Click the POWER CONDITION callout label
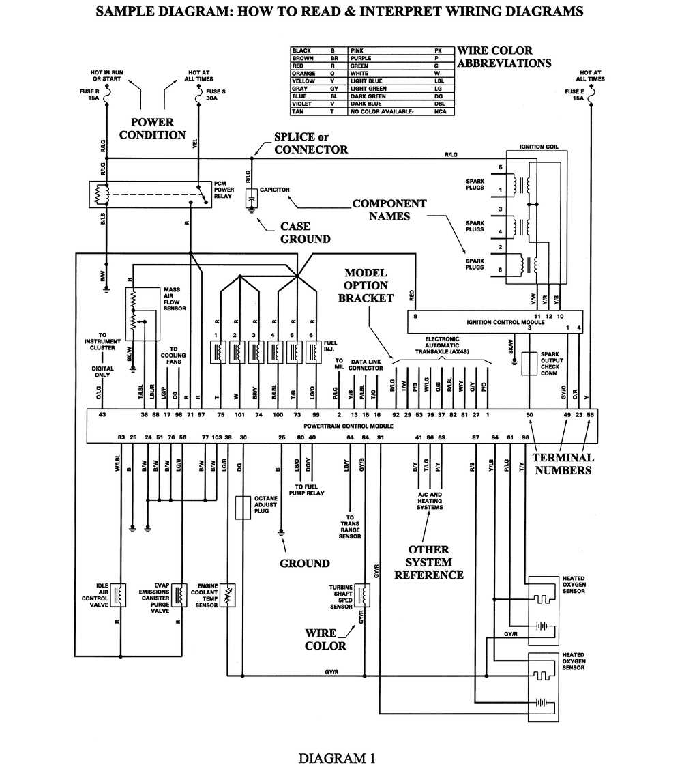152,128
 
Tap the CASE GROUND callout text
305,233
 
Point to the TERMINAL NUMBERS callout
563,463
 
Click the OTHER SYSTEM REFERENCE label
428,562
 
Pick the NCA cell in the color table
441,111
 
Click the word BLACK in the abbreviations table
301,51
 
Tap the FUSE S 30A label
213,95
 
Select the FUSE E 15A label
574,95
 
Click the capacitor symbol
250,197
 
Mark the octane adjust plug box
242,508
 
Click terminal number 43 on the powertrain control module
102,415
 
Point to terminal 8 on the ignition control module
415,316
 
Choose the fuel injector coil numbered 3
255,352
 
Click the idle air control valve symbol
119,595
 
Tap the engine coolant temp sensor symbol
229,595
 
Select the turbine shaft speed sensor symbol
361,595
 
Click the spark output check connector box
529,364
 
